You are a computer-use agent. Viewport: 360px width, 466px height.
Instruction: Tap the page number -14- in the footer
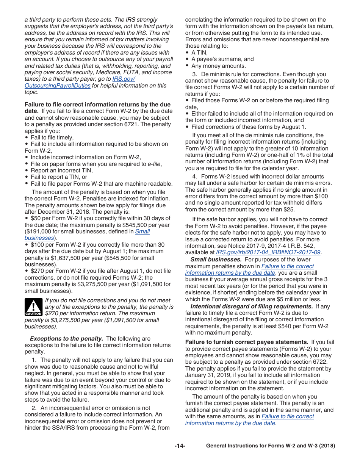[180, 446]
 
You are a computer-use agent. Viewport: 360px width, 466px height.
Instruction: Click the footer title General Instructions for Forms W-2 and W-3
[271, 446]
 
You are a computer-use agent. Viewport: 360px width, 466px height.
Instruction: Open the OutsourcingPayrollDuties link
[58, 86]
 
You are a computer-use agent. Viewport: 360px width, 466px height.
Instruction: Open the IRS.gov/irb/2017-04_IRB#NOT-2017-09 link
[268, 252]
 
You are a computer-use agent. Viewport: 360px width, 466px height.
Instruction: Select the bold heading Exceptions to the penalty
[66, 339]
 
